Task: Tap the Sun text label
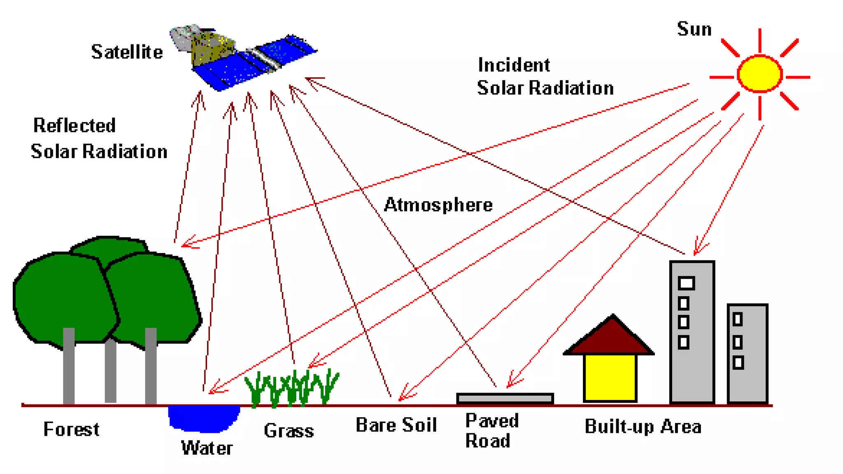click(x=694, y=29)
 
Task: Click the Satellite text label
click(x=127, y=52)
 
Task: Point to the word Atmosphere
click(x=438, y=204)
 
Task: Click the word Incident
click(x=514, y=65)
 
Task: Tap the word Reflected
click(x=75, y=125)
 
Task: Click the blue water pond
click(x=204, y=418)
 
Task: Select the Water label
click(x=207, y=448)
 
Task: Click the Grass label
click(x=289, y=431)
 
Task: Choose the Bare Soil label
click(x=396, y=425)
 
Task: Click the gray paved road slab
click(x=505, y=398)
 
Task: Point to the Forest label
click(x=71, y=429)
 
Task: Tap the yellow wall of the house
click(x=610, y=376)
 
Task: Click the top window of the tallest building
click(x=686, y=283)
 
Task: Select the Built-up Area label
click(x=643, y=426)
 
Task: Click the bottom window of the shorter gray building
click(x=738, y=362)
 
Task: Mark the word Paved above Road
click(x=492, y=421)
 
